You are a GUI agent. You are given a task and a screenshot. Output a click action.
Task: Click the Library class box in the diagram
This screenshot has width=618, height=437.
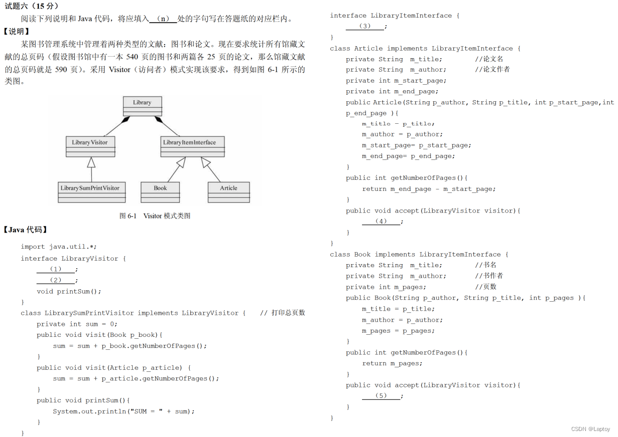tap(142, 106)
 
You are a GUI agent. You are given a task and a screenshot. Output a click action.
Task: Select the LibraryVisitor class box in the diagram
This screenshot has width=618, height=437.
tap(90, 146)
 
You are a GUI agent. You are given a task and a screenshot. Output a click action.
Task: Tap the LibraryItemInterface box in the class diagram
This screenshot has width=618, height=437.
tap(192, 146)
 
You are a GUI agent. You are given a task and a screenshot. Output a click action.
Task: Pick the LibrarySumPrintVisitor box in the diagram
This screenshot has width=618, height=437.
tap(91, 192)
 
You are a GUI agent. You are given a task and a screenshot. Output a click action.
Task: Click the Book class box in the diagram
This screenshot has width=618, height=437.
tap(160, 192)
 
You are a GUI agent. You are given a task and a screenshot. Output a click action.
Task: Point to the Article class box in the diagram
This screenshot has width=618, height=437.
tap(228, 192)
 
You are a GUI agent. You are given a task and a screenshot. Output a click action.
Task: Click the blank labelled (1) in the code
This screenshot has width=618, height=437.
tap(55, 269)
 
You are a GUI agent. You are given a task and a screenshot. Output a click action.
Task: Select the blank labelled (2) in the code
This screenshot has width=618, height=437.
tap(55, 280)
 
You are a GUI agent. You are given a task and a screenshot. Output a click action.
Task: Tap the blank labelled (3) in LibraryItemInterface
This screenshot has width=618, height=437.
tap(365, 26)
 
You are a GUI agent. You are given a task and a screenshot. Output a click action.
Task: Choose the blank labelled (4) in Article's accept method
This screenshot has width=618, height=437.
tap(381, 221)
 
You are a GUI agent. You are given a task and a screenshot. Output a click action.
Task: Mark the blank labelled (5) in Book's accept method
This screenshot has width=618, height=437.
tap(381, 395)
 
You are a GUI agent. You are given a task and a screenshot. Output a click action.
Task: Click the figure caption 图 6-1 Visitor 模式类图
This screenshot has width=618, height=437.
tap(155, 216)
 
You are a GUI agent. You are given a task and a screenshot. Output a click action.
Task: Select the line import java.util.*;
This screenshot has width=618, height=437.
tap(59, 247)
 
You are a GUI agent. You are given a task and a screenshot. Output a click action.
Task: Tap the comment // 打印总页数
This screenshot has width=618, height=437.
tap(282, 313)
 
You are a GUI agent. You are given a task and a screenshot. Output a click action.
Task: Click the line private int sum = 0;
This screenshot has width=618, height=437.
tap(77, 324)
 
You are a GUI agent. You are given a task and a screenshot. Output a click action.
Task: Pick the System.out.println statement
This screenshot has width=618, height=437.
tap(123, 411)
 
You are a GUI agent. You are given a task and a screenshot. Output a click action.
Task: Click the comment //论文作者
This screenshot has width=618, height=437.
tap(492, 69)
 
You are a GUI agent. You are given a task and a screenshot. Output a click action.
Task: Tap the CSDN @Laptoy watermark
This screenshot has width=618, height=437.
tap(591, 429)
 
